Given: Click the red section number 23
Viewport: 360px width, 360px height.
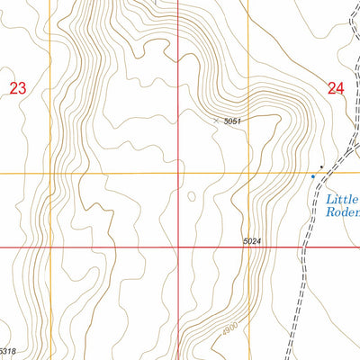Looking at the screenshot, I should [x=18, y=87].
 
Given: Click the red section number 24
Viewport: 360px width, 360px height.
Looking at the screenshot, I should [x=337, y=88].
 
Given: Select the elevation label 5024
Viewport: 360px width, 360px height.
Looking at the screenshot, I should [x=254, y=240].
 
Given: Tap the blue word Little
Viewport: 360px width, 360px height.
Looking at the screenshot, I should [x=342, y=199].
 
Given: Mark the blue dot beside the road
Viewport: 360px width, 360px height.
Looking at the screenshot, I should [x=313, y=176].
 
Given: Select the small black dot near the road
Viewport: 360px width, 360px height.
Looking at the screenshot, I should [x=321, y=166].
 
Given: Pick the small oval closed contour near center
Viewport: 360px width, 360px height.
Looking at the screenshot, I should [x=191, y=195].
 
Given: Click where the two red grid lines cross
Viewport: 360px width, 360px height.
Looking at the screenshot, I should [x=178, y=247].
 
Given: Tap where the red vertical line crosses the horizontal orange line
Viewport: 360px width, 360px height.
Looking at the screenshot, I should [x=178, y=174].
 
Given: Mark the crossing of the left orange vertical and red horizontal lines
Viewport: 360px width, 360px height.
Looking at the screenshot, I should [x=52, y=247].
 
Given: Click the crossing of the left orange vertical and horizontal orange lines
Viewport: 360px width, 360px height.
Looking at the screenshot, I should [x=52, y=174].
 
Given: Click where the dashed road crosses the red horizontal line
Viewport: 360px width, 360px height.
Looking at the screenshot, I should [x=305, y=247].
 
